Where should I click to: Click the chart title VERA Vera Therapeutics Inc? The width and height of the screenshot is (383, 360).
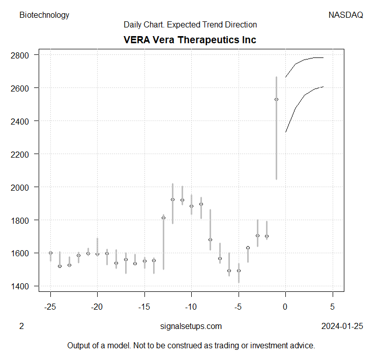tap(190, 40)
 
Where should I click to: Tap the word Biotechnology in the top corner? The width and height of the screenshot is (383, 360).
tap(44, 15)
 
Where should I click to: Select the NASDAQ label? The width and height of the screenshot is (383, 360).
tap(346, 15)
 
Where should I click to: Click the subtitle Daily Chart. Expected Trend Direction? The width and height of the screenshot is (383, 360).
tap(190, 24)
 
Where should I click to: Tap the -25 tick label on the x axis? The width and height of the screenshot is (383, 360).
tap(50, 307)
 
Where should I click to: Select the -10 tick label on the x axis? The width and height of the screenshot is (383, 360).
tap(191, 307)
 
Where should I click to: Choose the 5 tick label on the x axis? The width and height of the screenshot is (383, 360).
tap(333, 307)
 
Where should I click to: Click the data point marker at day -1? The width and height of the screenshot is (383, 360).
tap(276, 99)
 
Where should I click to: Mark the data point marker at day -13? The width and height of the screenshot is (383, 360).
tap(163, 218)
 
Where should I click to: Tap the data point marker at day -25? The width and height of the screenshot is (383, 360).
tap(50, 253)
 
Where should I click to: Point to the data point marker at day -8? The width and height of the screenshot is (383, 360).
tap(210, 239)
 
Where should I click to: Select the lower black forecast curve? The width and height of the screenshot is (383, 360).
tap(305, 95)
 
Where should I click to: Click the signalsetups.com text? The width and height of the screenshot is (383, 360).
tap(191, 326)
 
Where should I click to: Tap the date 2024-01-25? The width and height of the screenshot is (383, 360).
tap(342, 326)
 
